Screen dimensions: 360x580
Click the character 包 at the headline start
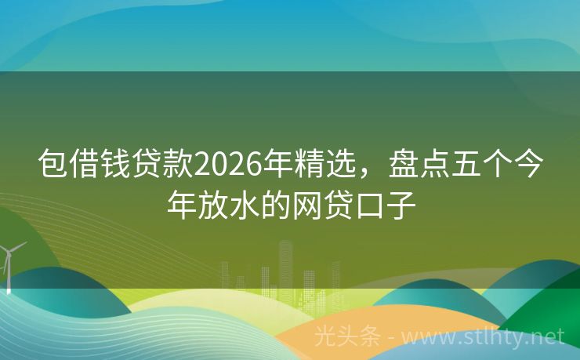[54, 164]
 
